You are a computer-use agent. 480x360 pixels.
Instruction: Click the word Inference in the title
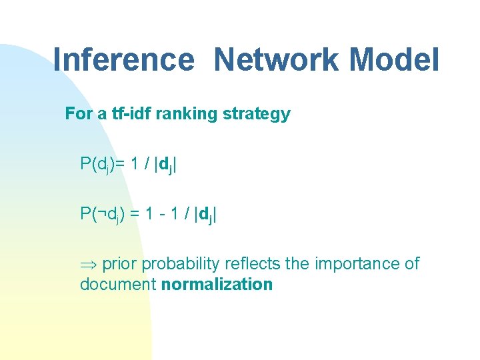point(123,59)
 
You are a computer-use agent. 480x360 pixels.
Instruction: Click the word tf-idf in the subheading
point(131,114)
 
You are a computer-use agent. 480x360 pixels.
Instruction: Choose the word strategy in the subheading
point(257,114)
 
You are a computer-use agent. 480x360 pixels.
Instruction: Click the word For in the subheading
point(79,114)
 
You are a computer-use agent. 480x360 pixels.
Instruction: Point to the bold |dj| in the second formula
point(205,214)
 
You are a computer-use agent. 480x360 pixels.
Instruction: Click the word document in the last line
point(118,285)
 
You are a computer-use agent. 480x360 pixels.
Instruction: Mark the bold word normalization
point(217,285)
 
